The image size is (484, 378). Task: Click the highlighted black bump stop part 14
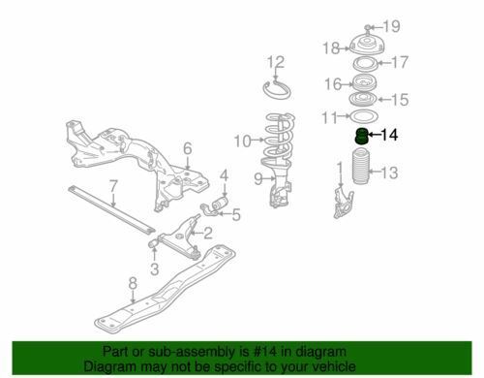tap(361, 136)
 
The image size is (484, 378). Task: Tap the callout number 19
tap(392, 26)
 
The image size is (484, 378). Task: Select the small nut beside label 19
tap(369, 27)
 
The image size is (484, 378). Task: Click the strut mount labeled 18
tap(367, 46)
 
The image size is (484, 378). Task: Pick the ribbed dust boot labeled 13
tap(360, 166)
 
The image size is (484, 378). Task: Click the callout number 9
tap(258, 178)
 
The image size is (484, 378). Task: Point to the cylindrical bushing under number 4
tap(220, 204)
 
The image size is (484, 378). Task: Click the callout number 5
tap(236, 215)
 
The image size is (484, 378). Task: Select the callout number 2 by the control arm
tap(208, 234)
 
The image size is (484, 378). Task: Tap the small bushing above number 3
tap(153, 243)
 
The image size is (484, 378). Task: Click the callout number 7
tap(112, 186)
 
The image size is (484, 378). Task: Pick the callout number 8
tap(133, 283)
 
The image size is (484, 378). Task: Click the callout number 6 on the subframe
tap(188, 149)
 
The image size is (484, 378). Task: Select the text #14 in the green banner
tap(265, 352)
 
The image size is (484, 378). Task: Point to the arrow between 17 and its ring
tap(384, 63)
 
